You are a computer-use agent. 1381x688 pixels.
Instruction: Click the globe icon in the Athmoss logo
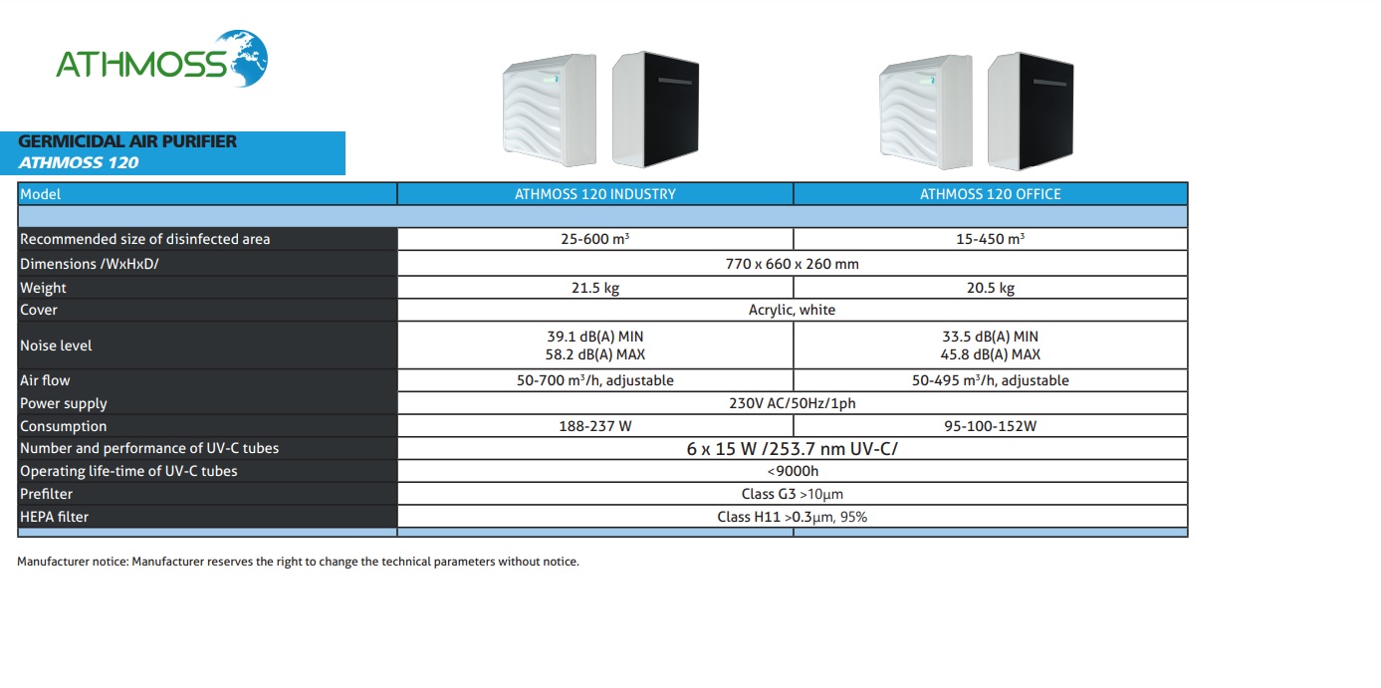(243, 58)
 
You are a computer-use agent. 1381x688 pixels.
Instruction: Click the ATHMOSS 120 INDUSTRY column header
(594, 194)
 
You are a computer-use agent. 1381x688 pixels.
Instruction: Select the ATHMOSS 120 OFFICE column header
(990, 194)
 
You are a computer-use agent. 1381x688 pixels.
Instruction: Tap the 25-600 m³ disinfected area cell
(594, 239)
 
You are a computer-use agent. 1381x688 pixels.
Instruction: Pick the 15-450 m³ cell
(990, 239)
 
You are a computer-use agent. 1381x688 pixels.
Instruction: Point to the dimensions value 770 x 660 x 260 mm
(792, 264)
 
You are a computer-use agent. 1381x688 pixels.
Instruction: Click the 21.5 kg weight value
(594, 288)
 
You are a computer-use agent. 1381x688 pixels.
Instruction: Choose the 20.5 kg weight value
(990, 288)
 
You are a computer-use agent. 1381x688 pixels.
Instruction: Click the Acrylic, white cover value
(792, 310)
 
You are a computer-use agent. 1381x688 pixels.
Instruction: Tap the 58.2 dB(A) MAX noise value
(594, 354)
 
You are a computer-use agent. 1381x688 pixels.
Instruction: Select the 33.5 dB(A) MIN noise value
(990, 337)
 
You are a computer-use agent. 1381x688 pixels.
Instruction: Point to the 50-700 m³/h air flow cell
(594, 380)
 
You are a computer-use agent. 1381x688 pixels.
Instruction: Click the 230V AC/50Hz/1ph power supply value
(792, 403)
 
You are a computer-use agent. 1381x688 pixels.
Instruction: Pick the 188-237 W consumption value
(594, 426)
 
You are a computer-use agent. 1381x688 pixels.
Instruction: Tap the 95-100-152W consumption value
(990, 426)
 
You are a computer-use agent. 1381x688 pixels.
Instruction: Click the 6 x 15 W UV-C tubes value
(792, 449)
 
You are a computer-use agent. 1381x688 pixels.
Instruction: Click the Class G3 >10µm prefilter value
(792, 494)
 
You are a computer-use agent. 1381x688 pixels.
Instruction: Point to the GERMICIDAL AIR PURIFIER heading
(127, 141)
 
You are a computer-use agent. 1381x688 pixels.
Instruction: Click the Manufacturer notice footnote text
(298, 562)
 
